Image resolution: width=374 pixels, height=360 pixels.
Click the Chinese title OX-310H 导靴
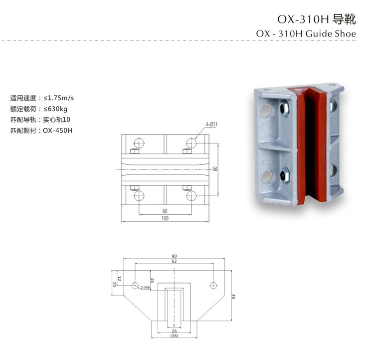point(317,19)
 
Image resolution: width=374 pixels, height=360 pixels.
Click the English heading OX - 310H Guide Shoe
point(306,33)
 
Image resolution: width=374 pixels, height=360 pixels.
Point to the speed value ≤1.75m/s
point(59,98)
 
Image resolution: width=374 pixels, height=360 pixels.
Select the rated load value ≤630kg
point(55,109)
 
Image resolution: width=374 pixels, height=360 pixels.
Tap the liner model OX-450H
point(57,130)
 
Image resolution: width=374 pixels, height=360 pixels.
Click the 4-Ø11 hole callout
point(211,124)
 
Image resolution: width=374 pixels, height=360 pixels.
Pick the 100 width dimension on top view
point(165,218)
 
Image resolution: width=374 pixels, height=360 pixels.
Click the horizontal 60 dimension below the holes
point(165,211)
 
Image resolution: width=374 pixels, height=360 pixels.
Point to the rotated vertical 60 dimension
point(215,169)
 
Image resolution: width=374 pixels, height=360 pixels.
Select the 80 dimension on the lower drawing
point(175,256)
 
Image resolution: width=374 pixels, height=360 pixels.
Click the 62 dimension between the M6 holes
point(175,261)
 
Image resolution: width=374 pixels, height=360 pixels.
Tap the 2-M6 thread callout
point(145,288)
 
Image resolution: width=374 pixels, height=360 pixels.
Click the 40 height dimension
point(233,296)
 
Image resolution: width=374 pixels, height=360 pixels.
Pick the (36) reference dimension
point(175,336)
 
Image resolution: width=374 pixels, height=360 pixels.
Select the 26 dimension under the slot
point(175,331)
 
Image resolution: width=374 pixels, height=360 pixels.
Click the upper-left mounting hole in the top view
point(139,143)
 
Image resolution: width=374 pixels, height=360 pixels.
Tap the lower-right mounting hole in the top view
point(191,196)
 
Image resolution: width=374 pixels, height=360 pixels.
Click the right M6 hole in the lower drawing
point(213,286)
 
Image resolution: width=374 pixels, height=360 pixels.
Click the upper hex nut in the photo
point(284,108)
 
